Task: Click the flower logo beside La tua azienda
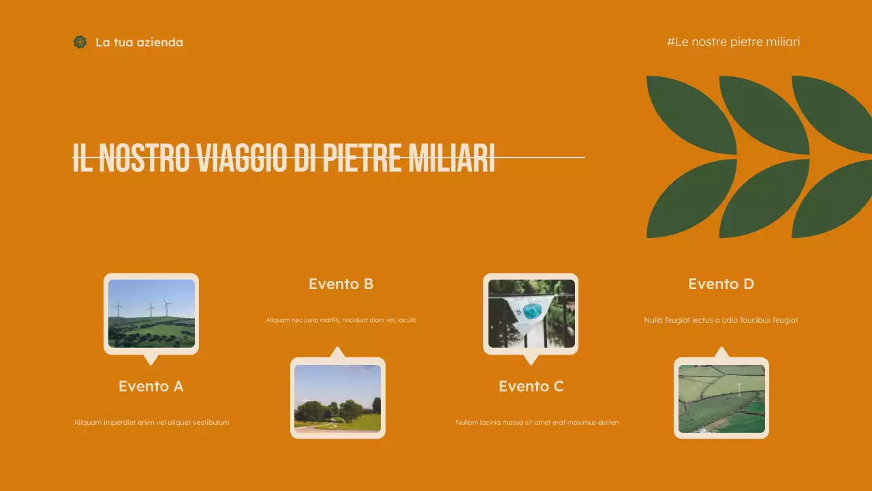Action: click(x=80, y=42)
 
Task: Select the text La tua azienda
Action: click(x=139, y=42)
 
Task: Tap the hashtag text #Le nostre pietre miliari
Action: click(x=733, y=42)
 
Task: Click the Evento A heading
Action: click(x=151, y=386)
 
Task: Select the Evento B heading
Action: click(x=341, y=284)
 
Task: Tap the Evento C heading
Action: click(x=531, y=386)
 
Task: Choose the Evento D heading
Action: click(x=721, y=284)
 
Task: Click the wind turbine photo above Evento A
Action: click(x=151, y=313)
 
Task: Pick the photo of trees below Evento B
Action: click(x=337, y=398)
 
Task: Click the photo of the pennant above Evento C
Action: click(x=531, y=313)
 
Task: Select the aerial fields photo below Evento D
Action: click(x=721, y=398)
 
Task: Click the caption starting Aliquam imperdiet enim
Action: click(x=151, y=422)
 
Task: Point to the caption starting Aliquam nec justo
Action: click(x=341, y=320)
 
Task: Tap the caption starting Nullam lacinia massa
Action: click(x=537, y=422)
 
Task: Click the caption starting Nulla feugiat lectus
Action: click(x=721, y=320)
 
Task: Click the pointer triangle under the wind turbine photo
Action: click(x=151, y=359)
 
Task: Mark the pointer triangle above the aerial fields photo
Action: click(x=721, y=353)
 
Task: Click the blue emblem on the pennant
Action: click(x=532, y=310)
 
